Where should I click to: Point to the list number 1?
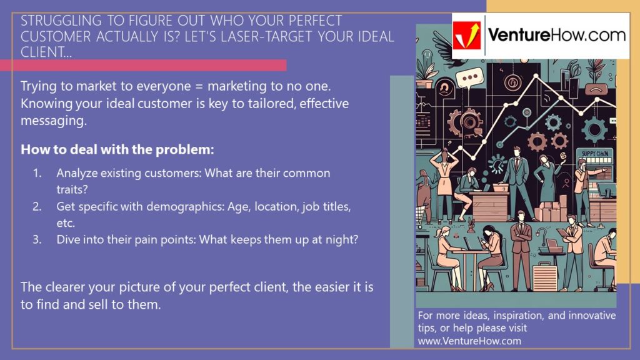click(x=37, y=173)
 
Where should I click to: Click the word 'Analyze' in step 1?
click(x=76, y=173)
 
